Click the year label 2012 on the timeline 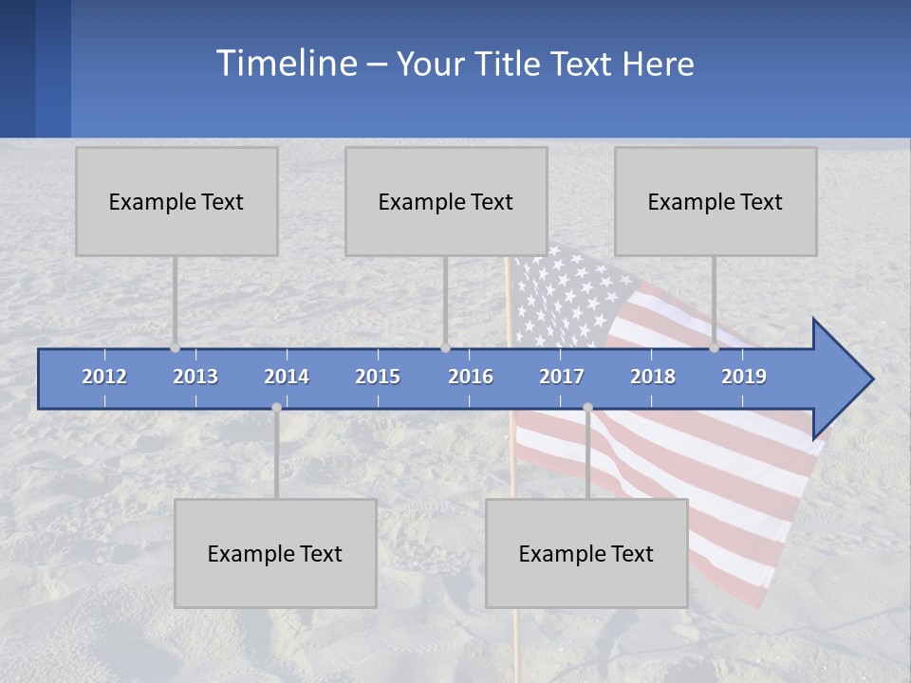click(x=104, y=377)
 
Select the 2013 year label click(x=195, y=377)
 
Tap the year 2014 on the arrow click(x=287, y=377)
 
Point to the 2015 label click(x=378, y=377)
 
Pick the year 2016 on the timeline click(x=471, y=377)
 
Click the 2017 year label click(x=562, y=377)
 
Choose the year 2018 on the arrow click(x=653, y=377)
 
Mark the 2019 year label click(x=744, y=377)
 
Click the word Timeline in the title click(x=285, y=64)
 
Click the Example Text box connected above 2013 click(x=177, y=202)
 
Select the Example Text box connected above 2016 click(x=446, y=202)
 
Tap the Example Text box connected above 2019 click(x=716, y=202)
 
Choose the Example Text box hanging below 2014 click(x=275, y=554)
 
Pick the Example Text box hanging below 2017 click(x=586, y=554)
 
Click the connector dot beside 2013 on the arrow click(x=176, y=348)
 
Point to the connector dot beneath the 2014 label click(x=276, y=408)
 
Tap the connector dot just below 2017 click(x=587, y=408)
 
